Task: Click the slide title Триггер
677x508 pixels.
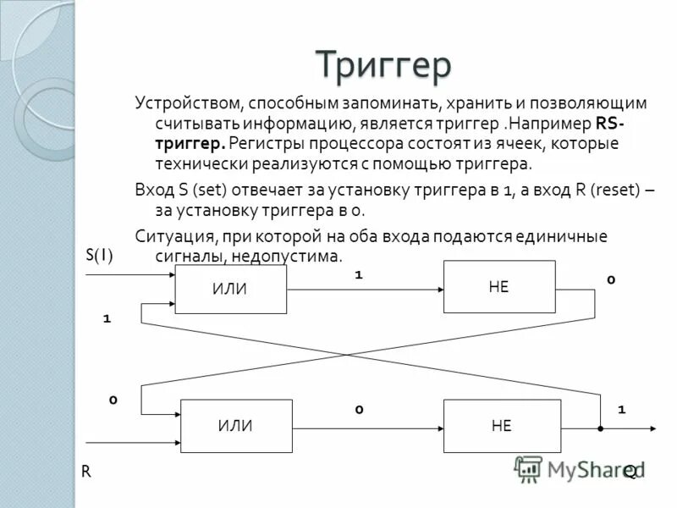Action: click(383, 66)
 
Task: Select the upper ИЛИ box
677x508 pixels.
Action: click(231, 289)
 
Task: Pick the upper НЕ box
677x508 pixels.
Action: click(499, 287)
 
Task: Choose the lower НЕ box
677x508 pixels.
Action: click(502, 426)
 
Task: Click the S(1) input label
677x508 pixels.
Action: click(99, 255)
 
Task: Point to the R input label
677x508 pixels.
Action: click(86, 471)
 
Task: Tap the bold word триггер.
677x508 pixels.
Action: click(190, 143)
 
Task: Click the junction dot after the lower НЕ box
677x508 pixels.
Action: click(599, 428)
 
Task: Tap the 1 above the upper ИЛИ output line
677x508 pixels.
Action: click(358, 275)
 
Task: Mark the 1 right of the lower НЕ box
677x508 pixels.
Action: click(622, 410)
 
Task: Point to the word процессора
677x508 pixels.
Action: click(346, 143)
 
